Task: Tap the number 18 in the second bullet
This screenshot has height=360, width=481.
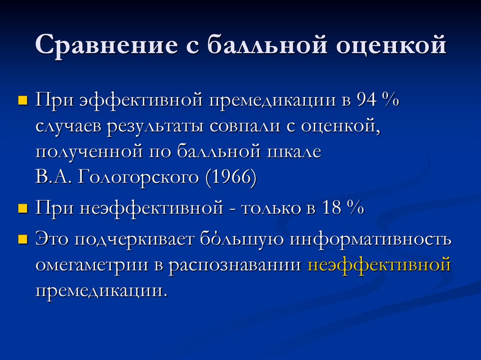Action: (x=333, y=208)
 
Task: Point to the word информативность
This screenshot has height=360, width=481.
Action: (x=371, y=239)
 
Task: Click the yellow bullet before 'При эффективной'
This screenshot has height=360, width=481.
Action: (x=22, y=101)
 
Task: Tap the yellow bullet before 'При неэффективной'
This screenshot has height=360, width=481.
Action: (x=22, y=208)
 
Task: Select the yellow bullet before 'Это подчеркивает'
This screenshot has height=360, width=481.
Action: (x=22, y=239)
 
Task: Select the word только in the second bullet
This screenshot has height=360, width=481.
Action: (x=271, y=208)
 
